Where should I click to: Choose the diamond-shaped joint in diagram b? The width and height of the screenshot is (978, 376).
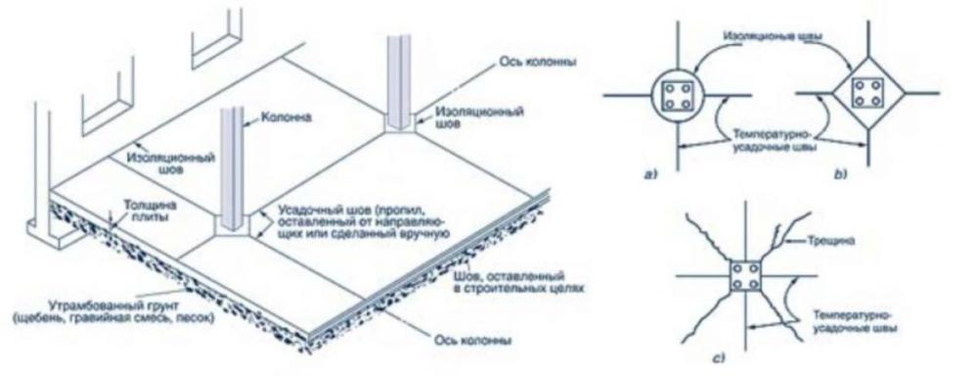tap(863, 94)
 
